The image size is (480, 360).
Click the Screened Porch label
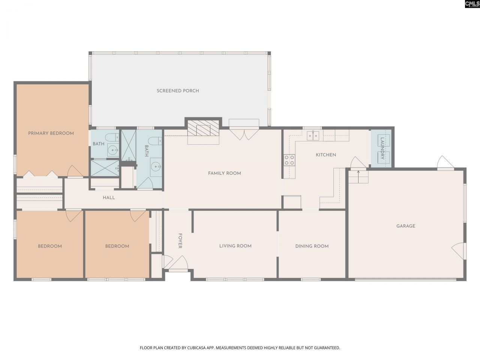178,91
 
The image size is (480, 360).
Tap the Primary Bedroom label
51,133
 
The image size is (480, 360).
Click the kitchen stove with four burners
289,160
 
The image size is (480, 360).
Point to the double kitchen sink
313,136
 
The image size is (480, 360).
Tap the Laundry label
382,148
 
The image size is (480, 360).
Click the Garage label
406,226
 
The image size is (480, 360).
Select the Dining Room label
312,246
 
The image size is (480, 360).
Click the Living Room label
235,246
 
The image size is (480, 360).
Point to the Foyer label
180,241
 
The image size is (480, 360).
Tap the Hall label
109,198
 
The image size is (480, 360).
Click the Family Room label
224,173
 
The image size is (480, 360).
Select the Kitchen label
326,155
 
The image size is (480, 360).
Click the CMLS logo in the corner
472,4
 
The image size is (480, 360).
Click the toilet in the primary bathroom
111,138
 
